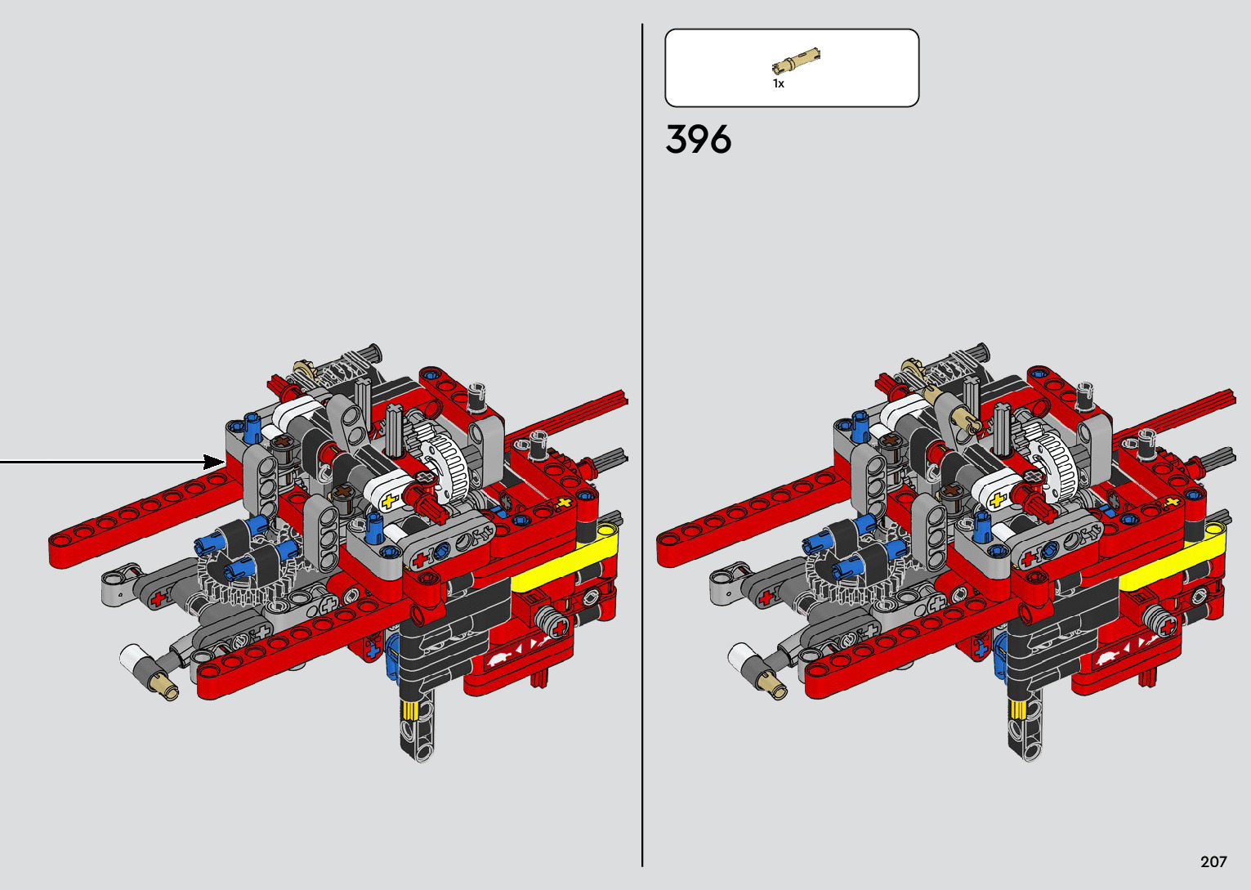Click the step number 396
pos(698,139)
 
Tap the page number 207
pos(1213,861)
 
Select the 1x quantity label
pos(779,84)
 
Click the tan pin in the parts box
pos(796,61)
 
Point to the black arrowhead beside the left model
pos(214,462)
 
